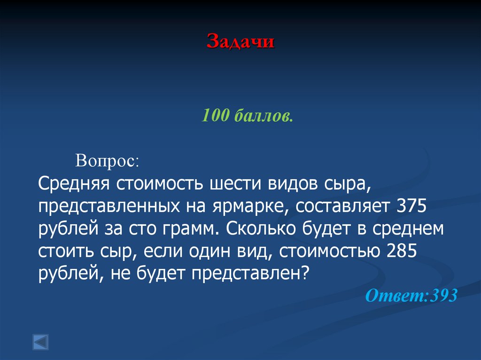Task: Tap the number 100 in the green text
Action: pyautogui.click(x=215, y=115)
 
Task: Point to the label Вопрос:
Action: pyautogui.click(x=107, y=161)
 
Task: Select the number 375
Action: pyautogui.click(x=411, y=206)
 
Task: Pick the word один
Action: pyautogui.click(x=209, y=251)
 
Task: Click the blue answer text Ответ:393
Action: pyautogui.click(x=411, y=296)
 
